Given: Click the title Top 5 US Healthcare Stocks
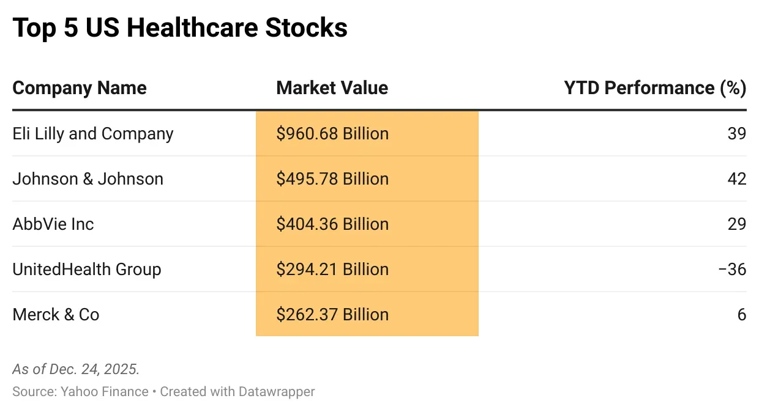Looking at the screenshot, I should tap(180, 28).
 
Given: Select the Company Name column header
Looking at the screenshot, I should tap(80, 88).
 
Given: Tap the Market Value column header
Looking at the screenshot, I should tap(332, 88).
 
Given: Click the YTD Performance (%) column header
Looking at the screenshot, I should tap(654, 88).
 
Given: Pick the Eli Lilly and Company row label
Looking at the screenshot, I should tap(93, 134).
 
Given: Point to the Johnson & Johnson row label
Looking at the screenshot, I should tap(88, 179).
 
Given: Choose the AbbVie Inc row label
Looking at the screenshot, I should tap(53, 224).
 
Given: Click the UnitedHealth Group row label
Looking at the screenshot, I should tap(87, 270).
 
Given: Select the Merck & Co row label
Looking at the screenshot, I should tap(56, 315).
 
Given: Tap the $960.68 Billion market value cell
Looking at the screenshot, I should tap(332, 134).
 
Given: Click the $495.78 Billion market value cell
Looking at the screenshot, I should tap(332, 179).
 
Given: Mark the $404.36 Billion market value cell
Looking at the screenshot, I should tap(332, 224).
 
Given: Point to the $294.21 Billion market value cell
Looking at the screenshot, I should tap(332, 270).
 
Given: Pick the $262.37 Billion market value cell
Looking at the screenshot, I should tap(332, 315).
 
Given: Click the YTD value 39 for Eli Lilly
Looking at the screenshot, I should tap(737, 134).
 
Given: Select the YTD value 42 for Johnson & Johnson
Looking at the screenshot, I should tap(737, 179).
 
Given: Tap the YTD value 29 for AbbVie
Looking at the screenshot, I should tap(737, 224).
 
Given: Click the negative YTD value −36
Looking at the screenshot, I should tap(733, 270).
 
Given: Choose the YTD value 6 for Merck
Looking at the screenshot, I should tap(742, 315).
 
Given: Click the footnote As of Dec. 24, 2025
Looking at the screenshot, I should tap(76, 369).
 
